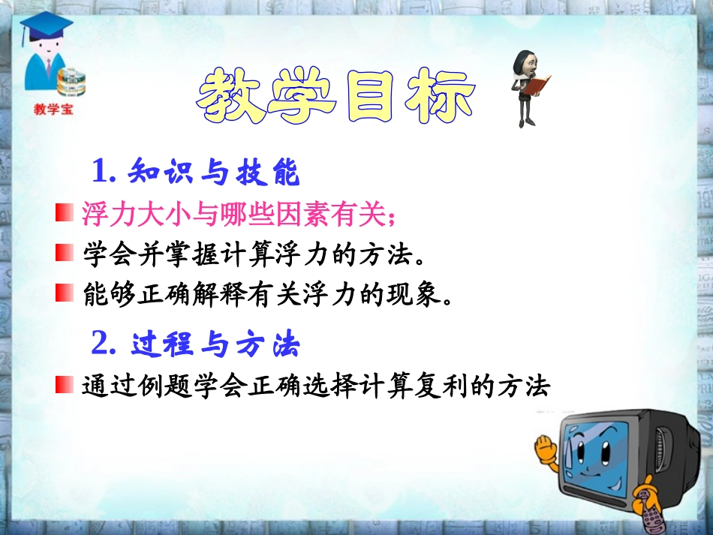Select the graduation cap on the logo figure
(x=44, y=27)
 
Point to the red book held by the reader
(x=537, y=85)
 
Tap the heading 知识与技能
(x=214, y=174)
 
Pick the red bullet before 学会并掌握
(x=63, y=253)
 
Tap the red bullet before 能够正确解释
(x=63, y=293)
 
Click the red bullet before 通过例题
(x=63, y=386)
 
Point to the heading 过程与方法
(x=215, y=344)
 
